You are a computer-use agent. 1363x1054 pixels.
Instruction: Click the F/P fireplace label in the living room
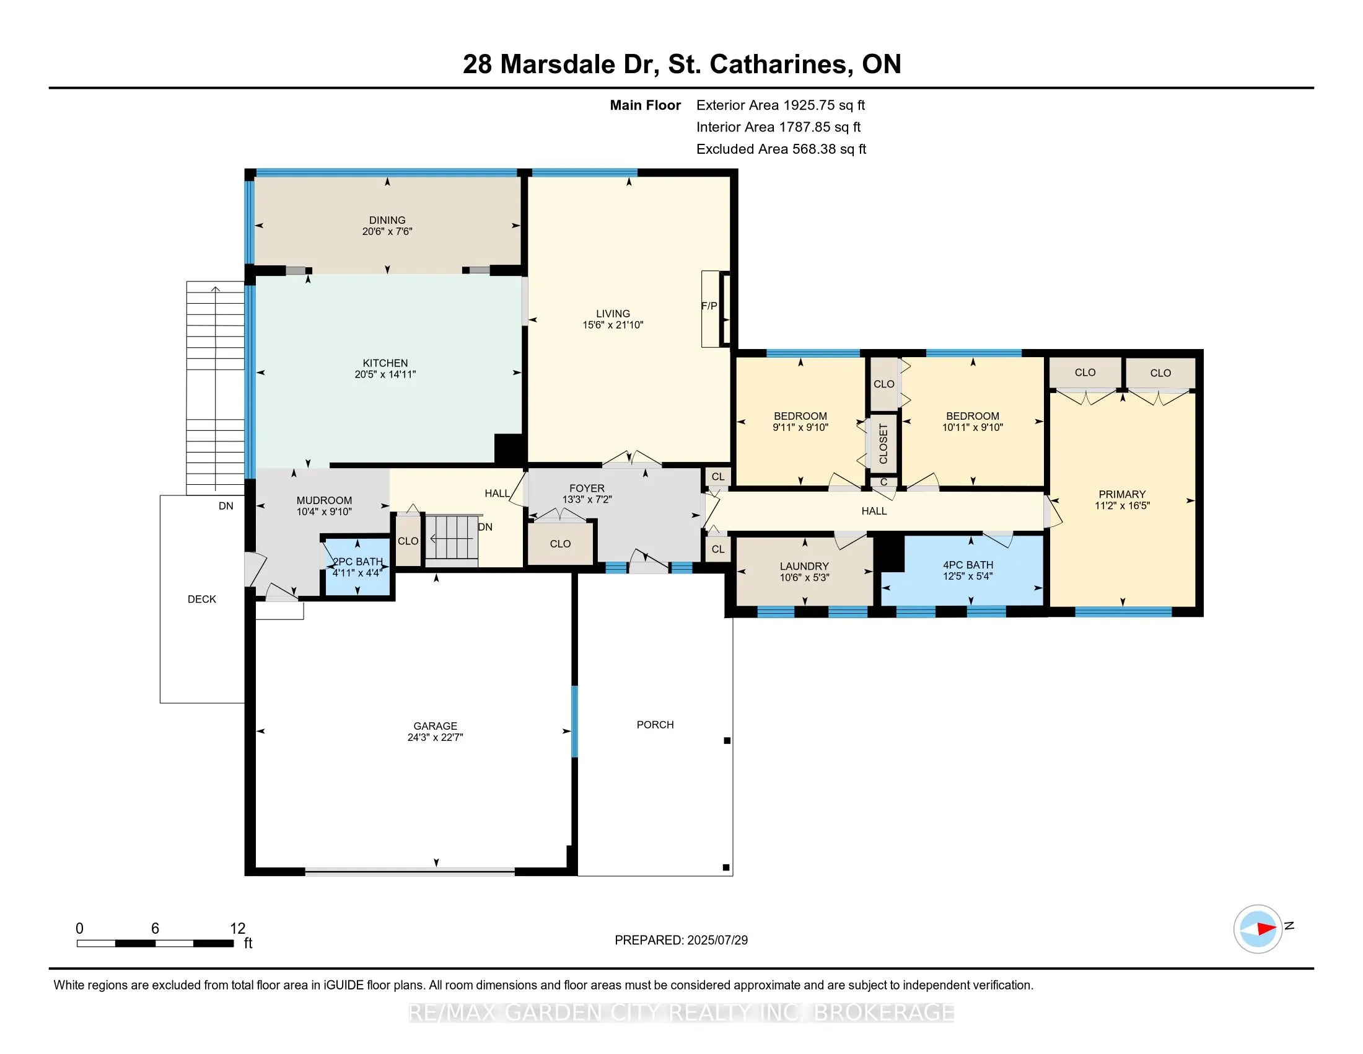coord(709,306)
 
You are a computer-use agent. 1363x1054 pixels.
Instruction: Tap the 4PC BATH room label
coord(968,564)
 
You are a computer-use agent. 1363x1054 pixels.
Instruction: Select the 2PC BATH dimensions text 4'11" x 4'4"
coord(356,573)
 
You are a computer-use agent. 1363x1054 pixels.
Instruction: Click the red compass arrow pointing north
coord(1266,929)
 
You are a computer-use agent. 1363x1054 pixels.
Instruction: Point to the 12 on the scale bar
coord(237,929)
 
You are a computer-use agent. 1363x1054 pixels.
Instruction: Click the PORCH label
coord(655,724)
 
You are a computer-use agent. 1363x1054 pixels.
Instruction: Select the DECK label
coord(201,599)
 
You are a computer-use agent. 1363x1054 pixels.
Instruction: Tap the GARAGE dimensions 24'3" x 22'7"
coord(435,737)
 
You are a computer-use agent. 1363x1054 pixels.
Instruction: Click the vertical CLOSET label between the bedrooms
coord(883,444)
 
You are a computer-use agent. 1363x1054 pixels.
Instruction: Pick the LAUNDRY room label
coord(804,566)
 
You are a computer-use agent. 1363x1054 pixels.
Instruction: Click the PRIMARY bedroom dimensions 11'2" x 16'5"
coord(1122,506)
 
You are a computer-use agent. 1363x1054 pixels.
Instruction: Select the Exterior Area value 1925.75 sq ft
coord(824,105)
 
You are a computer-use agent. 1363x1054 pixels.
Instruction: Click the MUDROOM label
coord(324,500)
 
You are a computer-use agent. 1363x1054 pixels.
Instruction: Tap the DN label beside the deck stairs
coord(226,506)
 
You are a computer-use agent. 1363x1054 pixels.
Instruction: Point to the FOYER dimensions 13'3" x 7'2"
coord(587,500)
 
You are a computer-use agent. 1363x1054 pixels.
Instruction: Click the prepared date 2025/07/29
coord(716,940)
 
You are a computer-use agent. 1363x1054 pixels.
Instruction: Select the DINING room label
coord(387,220)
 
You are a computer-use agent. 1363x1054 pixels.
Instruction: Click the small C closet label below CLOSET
coord(883,482)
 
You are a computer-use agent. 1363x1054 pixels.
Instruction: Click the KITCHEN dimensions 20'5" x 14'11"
coord(385,374)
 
